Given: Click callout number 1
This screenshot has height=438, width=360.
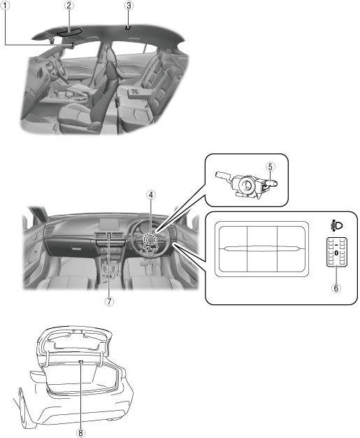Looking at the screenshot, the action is (x=4, y=5).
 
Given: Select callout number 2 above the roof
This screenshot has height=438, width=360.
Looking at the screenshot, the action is (x=69, y=5).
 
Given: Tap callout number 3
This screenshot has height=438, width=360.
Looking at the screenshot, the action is (x=129, y=5).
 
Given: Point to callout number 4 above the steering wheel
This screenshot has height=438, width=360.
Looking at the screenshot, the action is (x=151, y=195).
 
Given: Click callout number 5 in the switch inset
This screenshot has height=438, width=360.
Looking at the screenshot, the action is (x=270, y=167).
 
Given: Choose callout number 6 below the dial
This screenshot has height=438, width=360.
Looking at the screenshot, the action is (x=336, y=288).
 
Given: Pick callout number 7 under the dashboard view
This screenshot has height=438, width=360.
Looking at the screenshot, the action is (x=109, y=301).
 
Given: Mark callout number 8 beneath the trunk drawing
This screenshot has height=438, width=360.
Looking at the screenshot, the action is (x=80, y=432).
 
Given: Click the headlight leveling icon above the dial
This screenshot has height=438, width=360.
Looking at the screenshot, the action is (x=336, y=225).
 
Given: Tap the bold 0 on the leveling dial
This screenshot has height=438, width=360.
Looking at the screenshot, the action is (x=336, y=253).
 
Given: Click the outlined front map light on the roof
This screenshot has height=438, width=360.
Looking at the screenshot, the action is (x=69, y=32).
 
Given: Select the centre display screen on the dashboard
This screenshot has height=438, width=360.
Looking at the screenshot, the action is (x=110, y=225).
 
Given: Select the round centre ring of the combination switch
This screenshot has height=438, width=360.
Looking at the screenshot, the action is (x=246, y=184).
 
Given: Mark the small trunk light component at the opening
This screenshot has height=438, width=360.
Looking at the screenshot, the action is (x=80, y=362).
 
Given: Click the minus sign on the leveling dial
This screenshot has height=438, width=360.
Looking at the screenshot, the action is (x=336, y=245).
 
